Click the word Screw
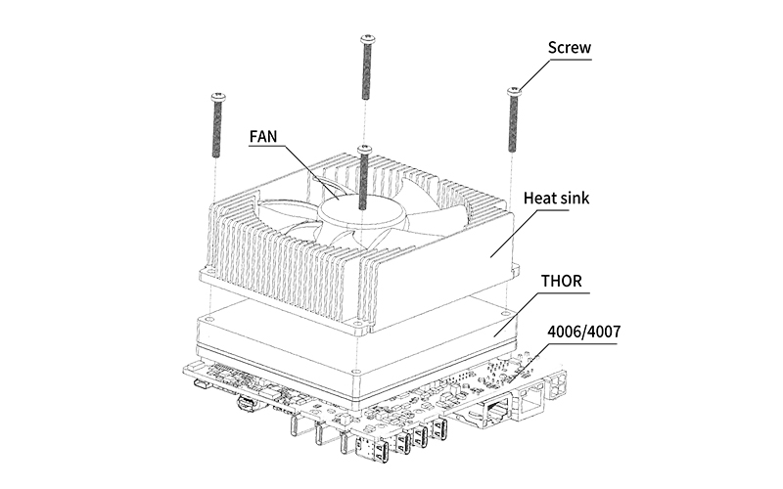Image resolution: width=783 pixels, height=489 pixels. click(570, 47)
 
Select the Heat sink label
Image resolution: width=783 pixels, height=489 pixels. click(561, 199)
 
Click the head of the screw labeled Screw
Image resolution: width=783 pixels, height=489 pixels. click(512, 91)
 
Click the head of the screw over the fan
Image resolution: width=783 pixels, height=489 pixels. click(363, 148)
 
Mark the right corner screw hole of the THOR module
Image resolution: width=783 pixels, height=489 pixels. click(507, 315)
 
